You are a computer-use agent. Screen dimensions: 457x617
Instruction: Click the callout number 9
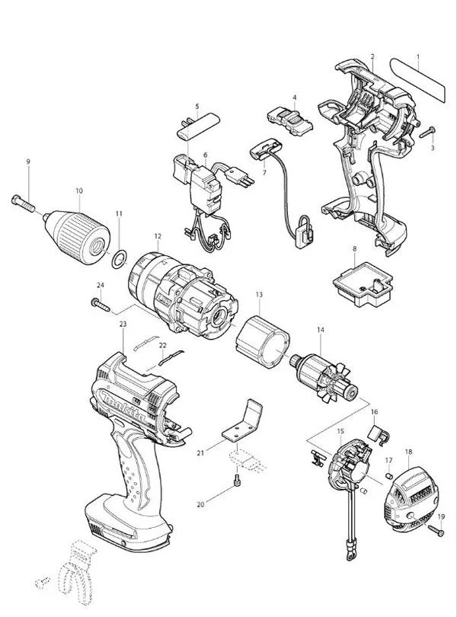tap(28, 161)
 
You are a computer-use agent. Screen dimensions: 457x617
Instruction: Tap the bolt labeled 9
tap(23, 203)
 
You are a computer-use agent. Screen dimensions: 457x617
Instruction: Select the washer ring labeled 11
tap(120, 259)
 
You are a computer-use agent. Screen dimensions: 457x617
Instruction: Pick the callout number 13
tap(259, 294)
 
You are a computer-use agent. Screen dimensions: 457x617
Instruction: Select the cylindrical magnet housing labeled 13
tap(264, 342)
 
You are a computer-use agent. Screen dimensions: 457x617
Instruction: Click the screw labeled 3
tap(427, 133)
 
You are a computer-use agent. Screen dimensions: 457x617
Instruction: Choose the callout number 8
tap(355, 248)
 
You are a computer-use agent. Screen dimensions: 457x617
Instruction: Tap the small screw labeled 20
tap(237, 481)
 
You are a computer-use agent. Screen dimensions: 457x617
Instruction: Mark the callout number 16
tap(374, 411)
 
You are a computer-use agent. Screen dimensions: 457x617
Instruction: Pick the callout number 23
tap(123, 324)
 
